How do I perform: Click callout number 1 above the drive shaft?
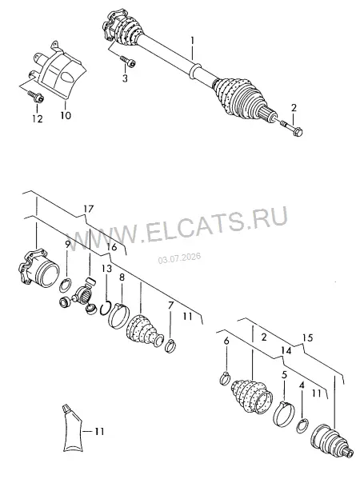coord(192,41)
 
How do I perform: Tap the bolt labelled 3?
coord(129,62)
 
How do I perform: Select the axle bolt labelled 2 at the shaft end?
coord(290,128)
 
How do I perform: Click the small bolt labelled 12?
coord(36,96)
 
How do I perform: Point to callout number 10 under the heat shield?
coord(66,115)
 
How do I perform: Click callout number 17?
coord(89,209)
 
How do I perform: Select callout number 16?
coord(111,247)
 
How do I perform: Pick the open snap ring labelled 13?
coord(106,308)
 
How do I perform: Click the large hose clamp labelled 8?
coord(118,315)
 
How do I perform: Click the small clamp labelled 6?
coord(226,378)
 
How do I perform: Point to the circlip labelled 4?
coord(302,425)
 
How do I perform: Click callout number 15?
coord(308,337)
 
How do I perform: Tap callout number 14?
coord(286,350)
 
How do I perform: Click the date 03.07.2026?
coord(179,258)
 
